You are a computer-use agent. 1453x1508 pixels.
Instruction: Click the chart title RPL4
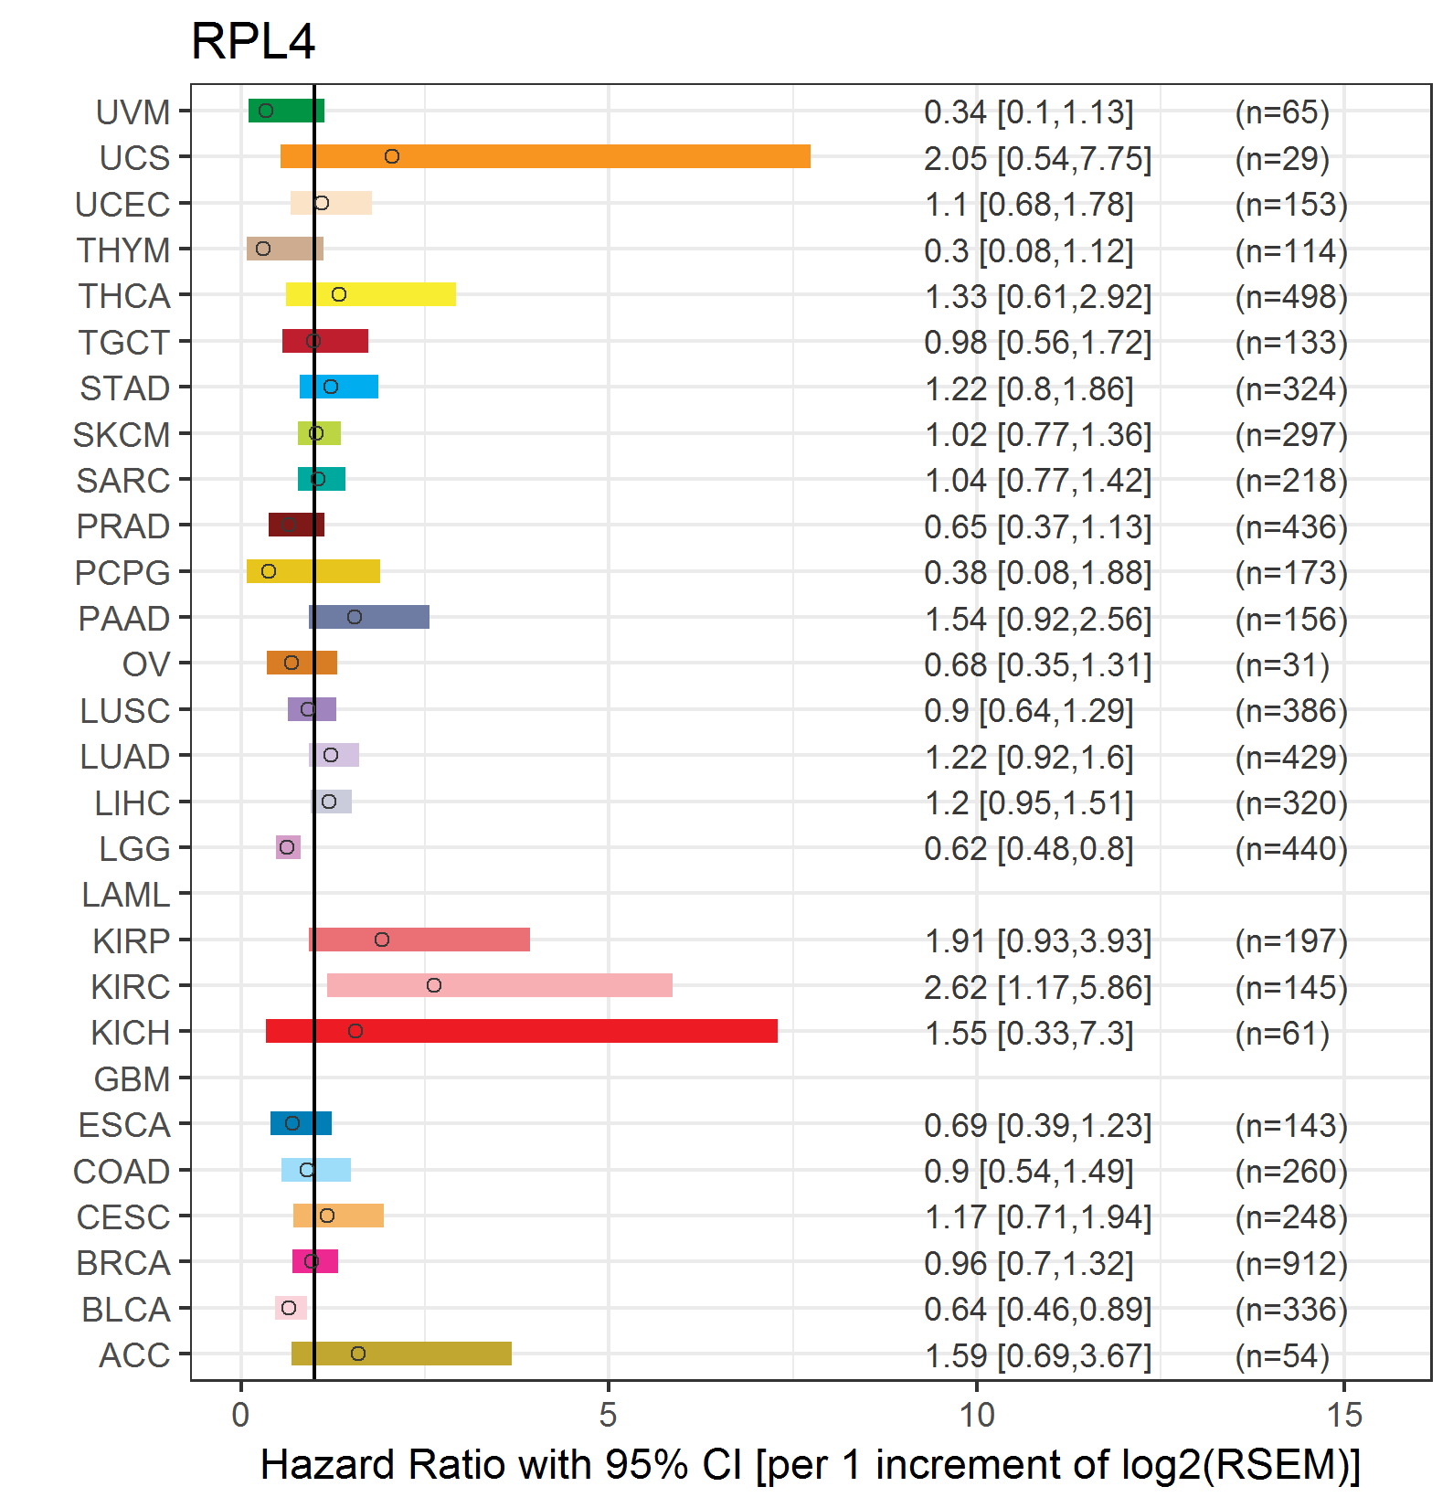click(x=253, y=41)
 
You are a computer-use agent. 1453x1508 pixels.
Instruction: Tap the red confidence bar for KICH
click(x=521, y=1031)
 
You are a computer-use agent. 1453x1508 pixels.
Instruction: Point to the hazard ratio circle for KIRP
click(x=382, y=940)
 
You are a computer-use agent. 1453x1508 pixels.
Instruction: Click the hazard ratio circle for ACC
click(x=358, y=1354)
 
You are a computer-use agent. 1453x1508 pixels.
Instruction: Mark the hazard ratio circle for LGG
click(x=287, y=847)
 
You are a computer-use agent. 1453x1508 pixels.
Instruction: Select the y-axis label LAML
click(x=125, y=895)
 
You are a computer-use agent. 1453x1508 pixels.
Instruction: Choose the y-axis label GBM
click(x=132, y=1079)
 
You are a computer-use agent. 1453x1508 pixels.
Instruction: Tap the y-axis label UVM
click(x=133, y=112)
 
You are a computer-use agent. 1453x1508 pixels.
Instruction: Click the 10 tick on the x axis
click(x=976, y=1415)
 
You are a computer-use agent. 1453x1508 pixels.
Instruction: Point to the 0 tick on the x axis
click(x=240, y=1415)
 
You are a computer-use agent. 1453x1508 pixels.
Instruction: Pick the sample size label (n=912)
click(x=1290, y=1263)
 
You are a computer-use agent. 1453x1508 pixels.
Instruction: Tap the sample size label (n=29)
click(x=1281, y=159)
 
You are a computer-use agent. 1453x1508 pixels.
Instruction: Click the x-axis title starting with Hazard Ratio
click(x=810, y=1464)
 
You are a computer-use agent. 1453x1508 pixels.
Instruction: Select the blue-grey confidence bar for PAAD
click(x=369, y=617)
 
